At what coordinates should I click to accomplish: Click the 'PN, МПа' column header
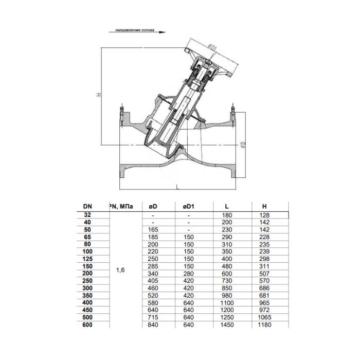pos(122,206)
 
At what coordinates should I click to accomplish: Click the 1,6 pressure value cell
pos(120,269)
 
